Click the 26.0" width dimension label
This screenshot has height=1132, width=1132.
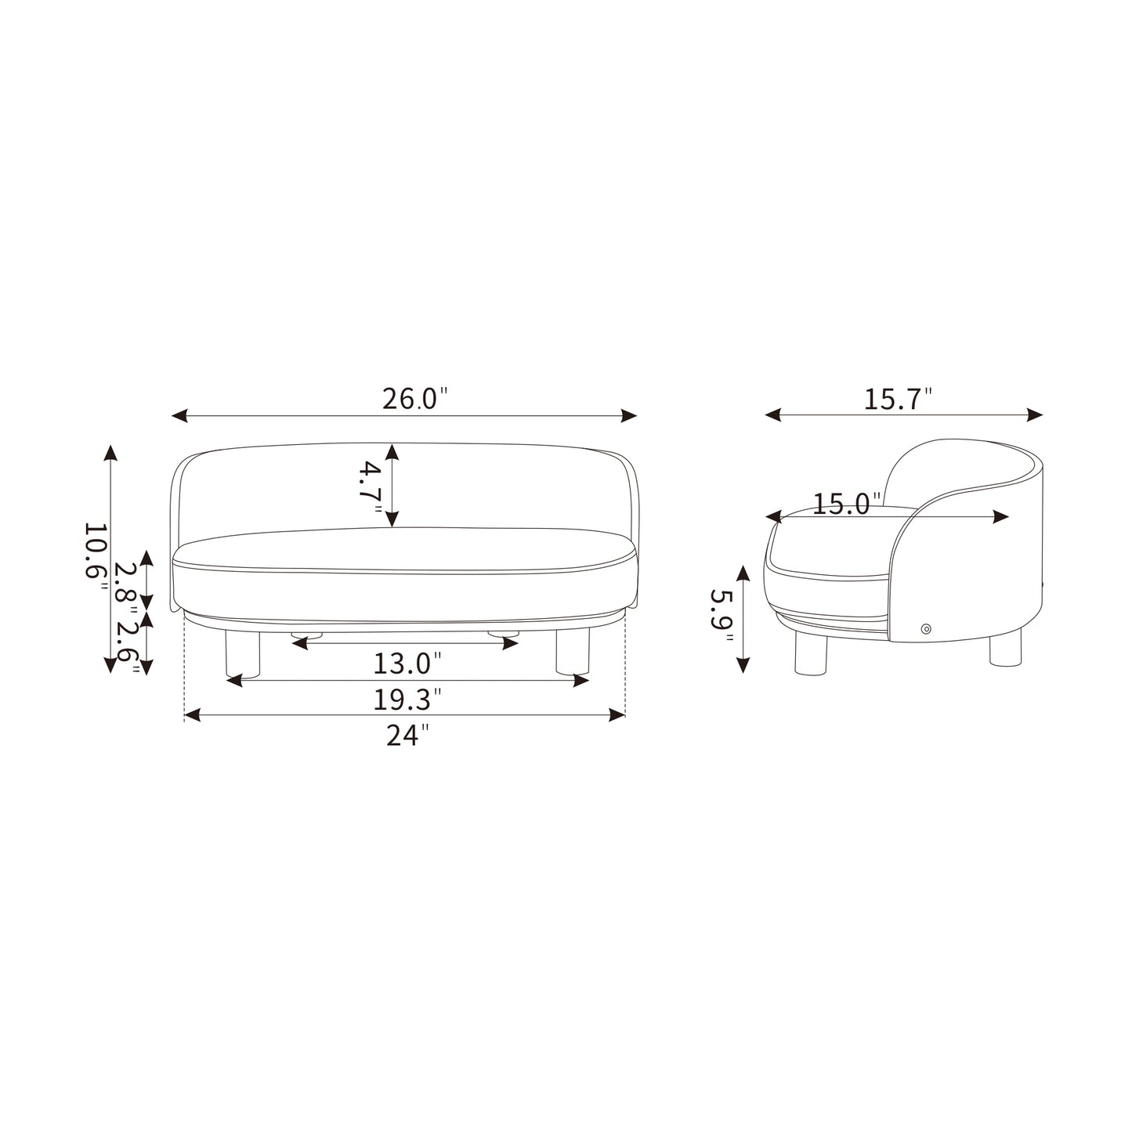click(414, 399)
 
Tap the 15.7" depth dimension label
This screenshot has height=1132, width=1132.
click(898, 400)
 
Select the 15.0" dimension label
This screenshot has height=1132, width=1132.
click(847, 504)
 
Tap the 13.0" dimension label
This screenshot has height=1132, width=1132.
click(407, 664)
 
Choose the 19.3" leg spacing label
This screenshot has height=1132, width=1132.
click(407, 699)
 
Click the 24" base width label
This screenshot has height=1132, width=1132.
click(407, 735)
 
